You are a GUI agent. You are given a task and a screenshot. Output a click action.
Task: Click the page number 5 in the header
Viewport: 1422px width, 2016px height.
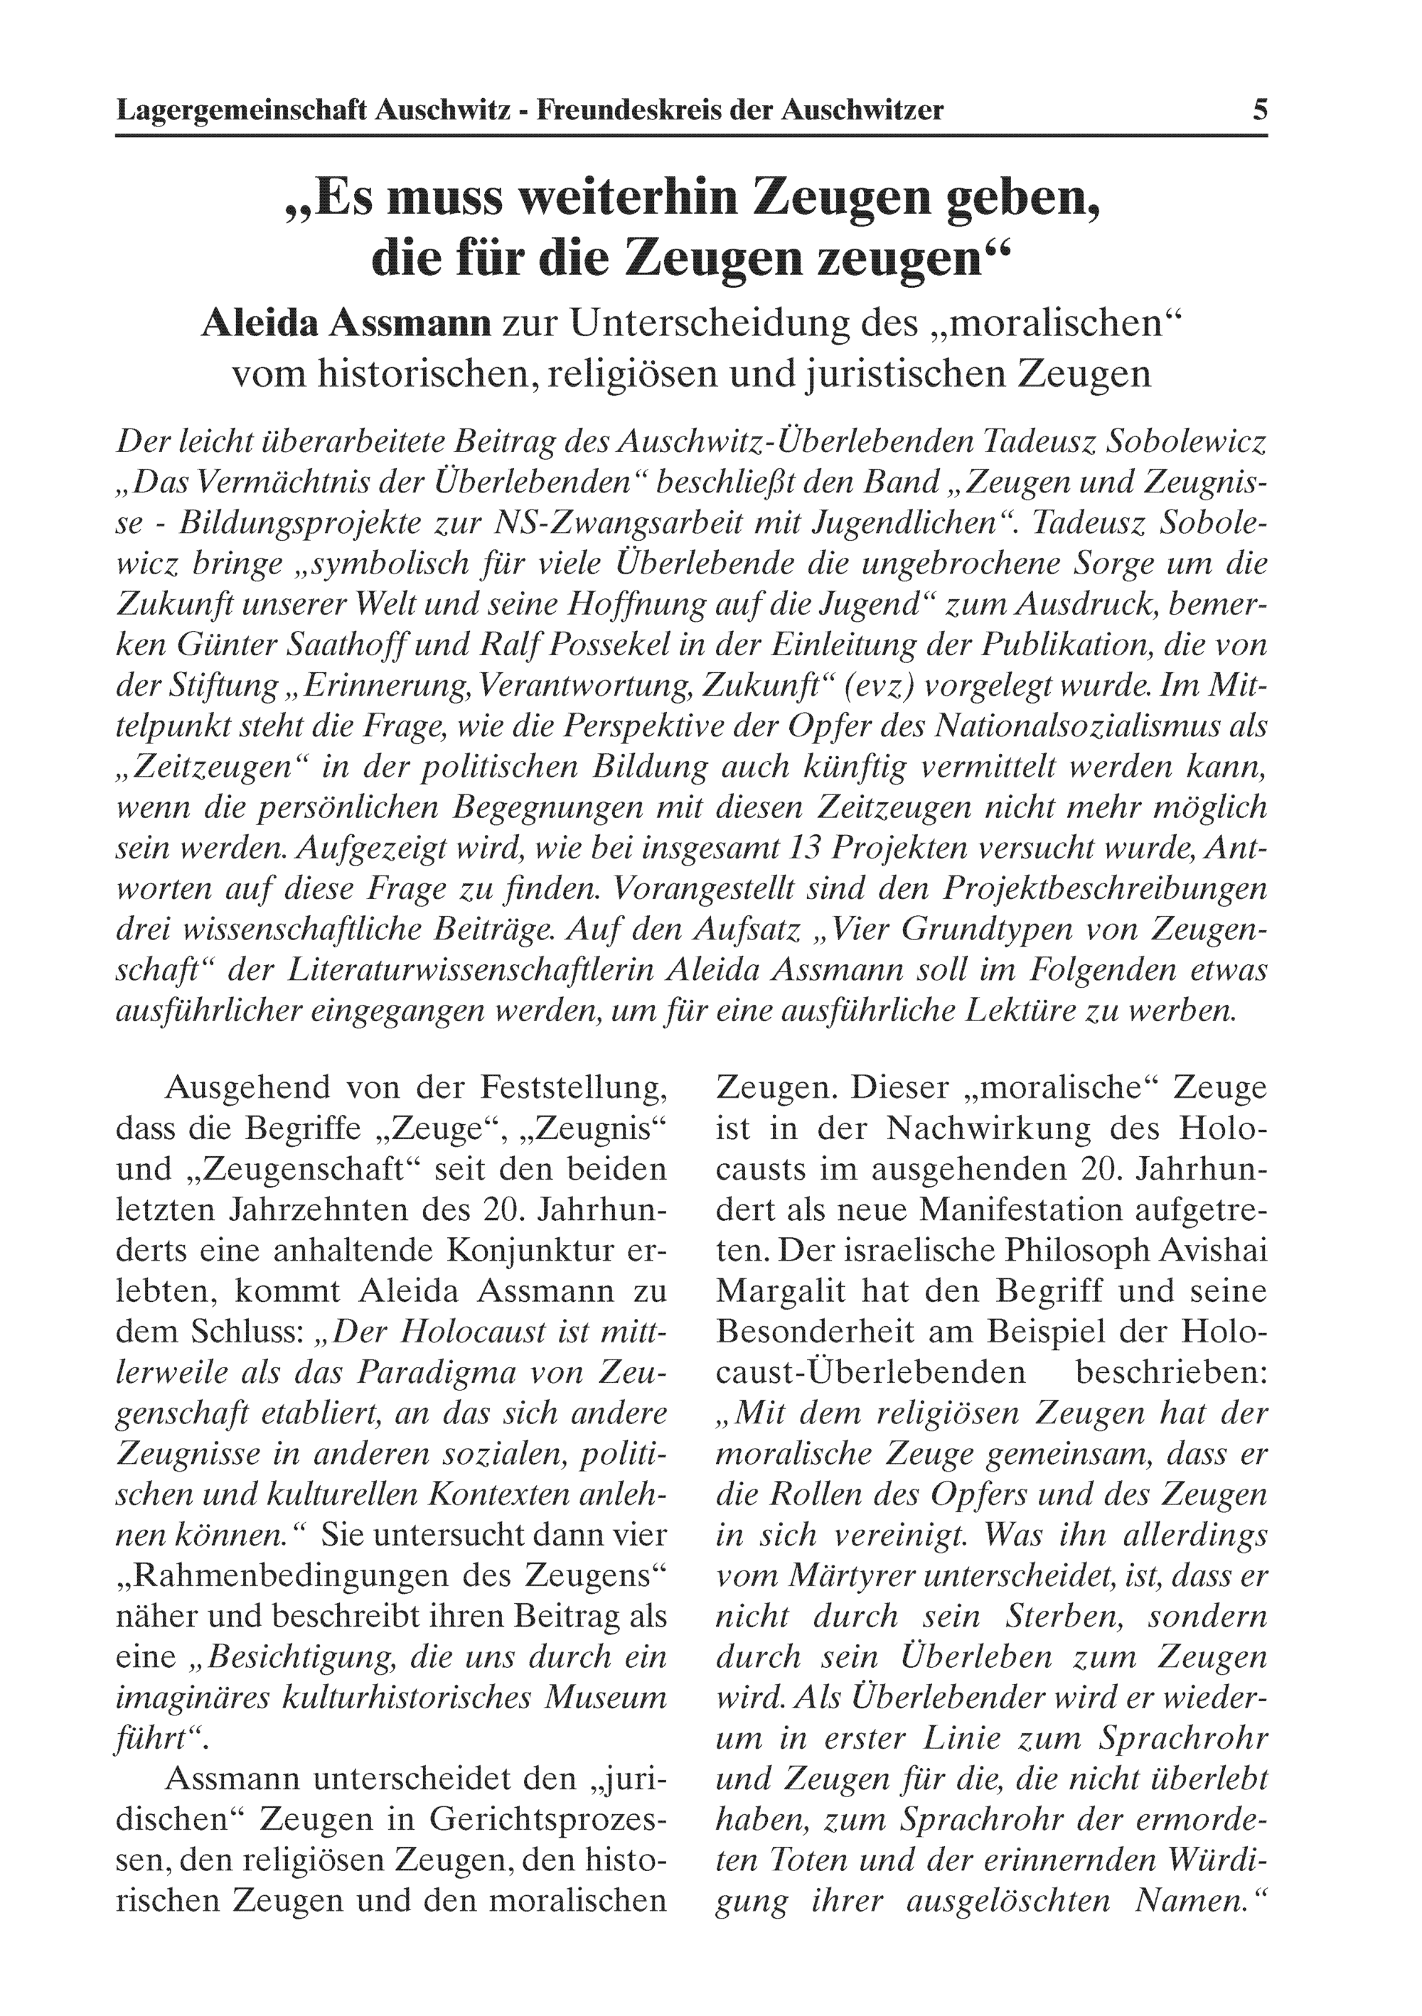(1259, 111)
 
